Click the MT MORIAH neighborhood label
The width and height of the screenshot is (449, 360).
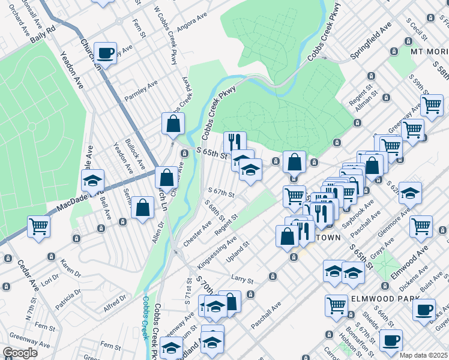coord(429,52)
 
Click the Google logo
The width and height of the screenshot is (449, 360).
coord(20,353)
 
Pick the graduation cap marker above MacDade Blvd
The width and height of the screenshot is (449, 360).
coord(93,179)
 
